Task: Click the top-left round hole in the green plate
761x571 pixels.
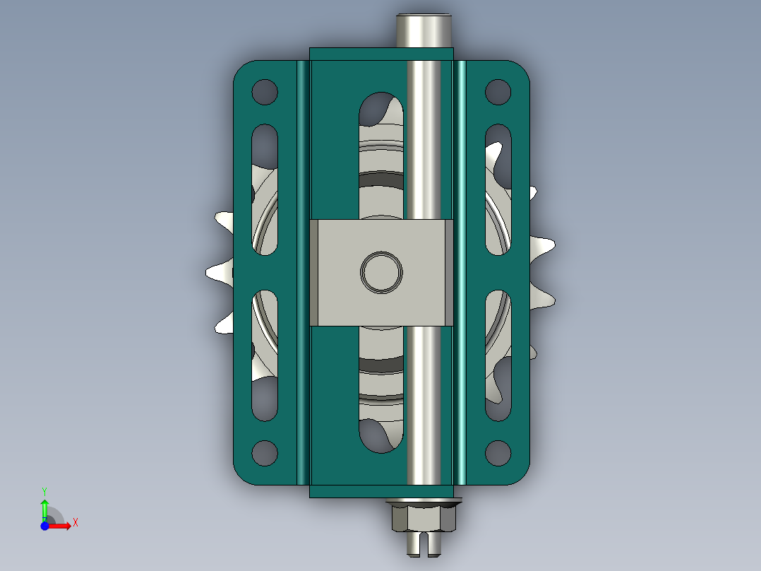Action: pyautogui.click(x=265, y=92)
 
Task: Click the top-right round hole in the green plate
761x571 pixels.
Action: pyautogui.click(x=498, y=92)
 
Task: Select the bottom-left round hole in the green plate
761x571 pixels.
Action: pyautogui.click(x=265, y=453)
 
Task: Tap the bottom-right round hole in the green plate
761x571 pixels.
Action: pyautogui.click(x=498, y=453)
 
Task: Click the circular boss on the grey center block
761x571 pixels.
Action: pyautogui.click(x=381, y=272)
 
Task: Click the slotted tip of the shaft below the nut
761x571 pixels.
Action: pyautogui.click(x=424, y=544)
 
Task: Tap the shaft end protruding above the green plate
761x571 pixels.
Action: pyautogui.click(x=424, y=30)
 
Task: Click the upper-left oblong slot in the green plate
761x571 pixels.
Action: pyautogui.click(x=265, y=189)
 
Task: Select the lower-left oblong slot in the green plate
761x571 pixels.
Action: pyautogui.click(x=265, y=355)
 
